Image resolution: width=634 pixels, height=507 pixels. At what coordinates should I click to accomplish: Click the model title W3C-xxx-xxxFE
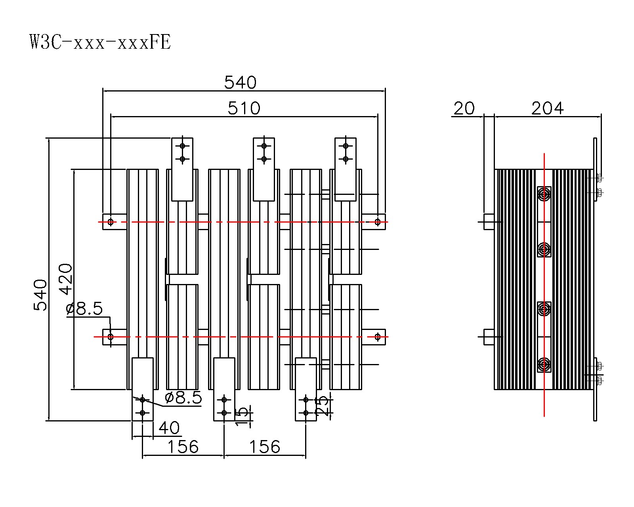[100, 42]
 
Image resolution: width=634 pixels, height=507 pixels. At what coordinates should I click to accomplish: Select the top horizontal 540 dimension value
[240, 82]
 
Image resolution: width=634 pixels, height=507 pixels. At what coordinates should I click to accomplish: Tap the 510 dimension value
[244, 108]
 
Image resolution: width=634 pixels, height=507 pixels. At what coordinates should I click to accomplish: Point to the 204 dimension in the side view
[547, 108]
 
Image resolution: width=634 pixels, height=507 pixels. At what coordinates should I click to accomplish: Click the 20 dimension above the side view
[464, 108]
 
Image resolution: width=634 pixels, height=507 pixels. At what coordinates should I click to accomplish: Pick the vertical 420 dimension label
[66, 279]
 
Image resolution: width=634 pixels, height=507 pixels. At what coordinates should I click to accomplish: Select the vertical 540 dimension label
[40, 295]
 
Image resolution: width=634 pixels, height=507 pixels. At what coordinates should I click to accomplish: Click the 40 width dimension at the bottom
[169, 428]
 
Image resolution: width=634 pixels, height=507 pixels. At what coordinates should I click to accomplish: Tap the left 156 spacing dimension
[183, 447]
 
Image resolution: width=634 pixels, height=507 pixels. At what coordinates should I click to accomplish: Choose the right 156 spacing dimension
[264, 447]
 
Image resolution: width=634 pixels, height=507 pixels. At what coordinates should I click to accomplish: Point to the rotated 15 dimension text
[243, 416]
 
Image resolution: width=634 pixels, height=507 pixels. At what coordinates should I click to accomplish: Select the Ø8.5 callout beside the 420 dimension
[84, 308]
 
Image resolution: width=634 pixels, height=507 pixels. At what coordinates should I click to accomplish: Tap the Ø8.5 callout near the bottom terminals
[183, 398]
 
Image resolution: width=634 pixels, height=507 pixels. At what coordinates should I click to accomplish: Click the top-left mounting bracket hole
[111, 222]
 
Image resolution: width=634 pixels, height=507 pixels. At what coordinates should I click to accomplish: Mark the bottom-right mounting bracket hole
[378, 337]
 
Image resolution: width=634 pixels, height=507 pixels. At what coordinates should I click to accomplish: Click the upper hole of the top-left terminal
[182, 146]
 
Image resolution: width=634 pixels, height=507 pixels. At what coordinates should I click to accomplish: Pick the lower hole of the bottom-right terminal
[306, 413]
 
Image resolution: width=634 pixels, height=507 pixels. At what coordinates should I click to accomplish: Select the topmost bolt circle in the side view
[544, 194]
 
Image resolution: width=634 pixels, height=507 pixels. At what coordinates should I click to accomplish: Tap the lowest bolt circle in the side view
[544, 363]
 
